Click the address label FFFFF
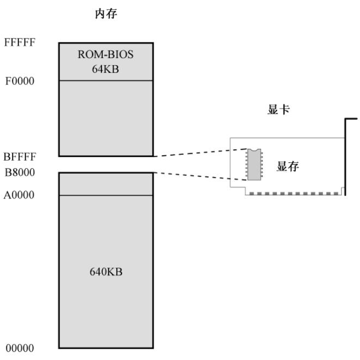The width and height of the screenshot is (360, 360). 20,41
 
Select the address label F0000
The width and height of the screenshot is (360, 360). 20,81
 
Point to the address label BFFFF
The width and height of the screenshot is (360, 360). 20,157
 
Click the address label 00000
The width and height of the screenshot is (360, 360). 20,348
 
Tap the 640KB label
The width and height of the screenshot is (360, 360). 106,271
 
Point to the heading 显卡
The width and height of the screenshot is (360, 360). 280,110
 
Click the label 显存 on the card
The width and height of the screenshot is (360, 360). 288,167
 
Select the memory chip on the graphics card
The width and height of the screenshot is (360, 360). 254,164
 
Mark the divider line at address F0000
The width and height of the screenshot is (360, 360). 106,81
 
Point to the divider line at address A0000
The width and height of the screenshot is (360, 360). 106,195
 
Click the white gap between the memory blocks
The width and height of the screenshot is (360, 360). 106,165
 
